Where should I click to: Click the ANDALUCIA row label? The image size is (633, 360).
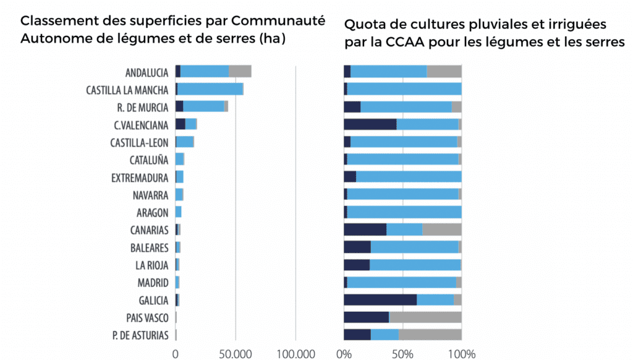click(x=147, y=72)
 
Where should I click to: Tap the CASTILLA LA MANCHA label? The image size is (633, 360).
click(x=127, y=89)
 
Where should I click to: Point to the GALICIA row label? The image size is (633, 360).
click(x=153, y=300)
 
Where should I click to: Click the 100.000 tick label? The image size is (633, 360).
click(x=295, y=354)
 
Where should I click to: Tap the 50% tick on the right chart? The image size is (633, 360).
click(x=402, y=354)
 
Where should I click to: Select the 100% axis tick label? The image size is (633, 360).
click(x=461, y=354)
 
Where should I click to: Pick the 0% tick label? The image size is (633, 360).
click(x=344, y=354)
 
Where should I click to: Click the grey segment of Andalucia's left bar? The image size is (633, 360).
click(x=240, y=71)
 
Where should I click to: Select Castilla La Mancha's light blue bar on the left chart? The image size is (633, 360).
click(x=210, y=88)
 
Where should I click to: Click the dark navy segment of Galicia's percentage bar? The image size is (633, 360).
click(x=380, y=300)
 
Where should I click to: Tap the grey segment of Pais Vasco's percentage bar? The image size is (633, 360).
click(x=426, y=318)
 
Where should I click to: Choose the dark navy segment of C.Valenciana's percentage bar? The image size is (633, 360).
click(x=370, y=124)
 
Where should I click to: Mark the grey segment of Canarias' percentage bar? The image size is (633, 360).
click(x=442, y=229)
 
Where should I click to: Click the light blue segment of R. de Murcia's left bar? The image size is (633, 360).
click(x=203, y=106)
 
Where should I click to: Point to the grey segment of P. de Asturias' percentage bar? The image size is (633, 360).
click(x=430, y=335)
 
